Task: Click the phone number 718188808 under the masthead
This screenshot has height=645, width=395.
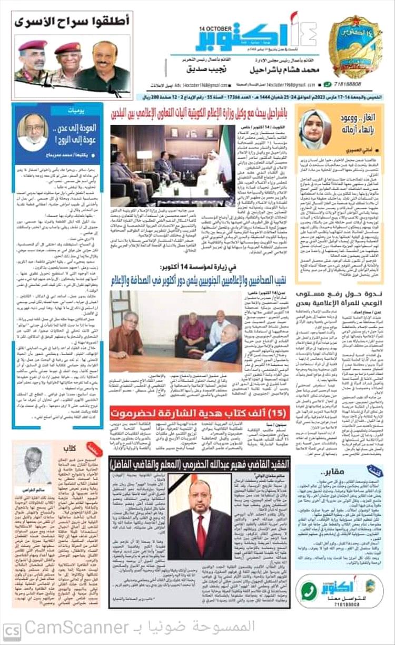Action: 349,84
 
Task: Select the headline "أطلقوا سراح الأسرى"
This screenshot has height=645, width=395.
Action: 72,22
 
